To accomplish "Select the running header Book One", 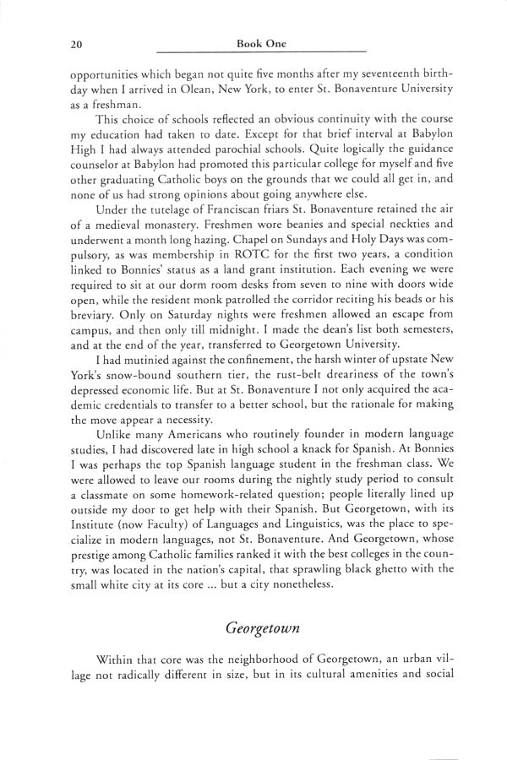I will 261,42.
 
